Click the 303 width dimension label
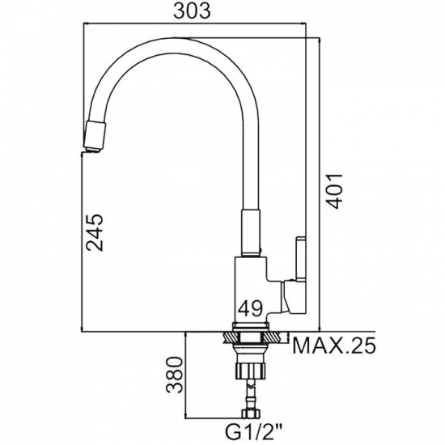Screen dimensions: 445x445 [192, 11]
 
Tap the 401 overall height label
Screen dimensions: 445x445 [334, 191]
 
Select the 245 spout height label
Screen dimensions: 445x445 [95, 232]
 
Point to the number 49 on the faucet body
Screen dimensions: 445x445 [250, 308]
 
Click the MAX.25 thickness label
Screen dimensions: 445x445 [333, 345]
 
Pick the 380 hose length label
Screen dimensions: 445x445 [174, 375]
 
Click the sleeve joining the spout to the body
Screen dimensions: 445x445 [251, 233]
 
